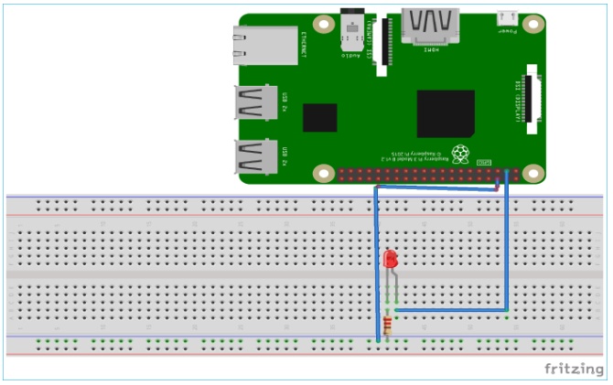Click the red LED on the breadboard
point(391,260)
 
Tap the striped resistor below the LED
point(391,324)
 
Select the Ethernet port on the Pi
point(266,46)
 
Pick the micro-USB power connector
point(507,16)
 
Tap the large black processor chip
point(446,113)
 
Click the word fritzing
point(574,369)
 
